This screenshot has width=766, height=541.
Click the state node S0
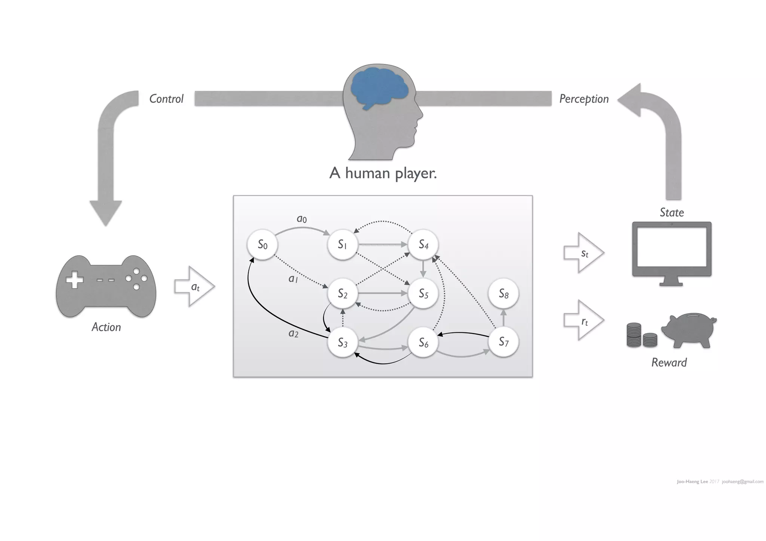pyautogui.click(x=262, y=245)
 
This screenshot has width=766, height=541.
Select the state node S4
pyautogui.click(x=423, y=245)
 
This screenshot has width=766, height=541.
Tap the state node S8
pyautogui.click(x=503, y=294)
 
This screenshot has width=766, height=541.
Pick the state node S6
pyautogui.click(x=423, y=342)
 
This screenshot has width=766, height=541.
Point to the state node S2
pyautogui.click(x=343, y=294)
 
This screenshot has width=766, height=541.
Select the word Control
pyautogui.click(x=166, y=99)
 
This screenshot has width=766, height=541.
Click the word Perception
pyautogui.click(x=584, y=99)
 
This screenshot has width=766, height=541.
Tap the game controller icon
pyautogui.click(x=106, y=286)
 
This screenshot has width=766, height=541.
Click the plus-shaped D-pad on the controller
pyautogui.click(x=75, y=280)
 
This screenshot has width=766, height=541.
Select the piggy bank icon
pyautogui.click(x=689, y=331)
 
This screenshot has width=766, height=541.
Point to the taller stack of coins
pyautogui.click(x=634, y=335)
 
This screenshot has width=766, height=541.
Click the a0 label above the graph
pyautogui.click(x=302, y=219)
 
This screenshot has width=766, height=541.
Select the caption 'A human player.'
pyautogui.click(x=383, y=173)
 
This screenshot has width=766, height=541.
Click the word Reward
pyautogui.click(x=669, y=362)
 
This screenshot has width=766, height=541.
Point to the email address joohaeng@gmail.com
pyautogui.click(x=742, y=482)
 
